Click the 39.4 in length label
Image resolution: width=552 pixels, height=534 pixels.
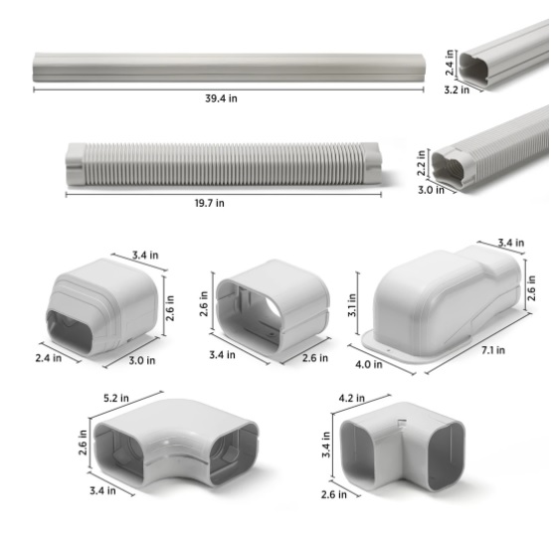click(x=220, y=97)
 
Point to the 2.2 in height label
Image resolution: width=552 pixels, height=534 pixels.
click(x=422, y=160)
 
